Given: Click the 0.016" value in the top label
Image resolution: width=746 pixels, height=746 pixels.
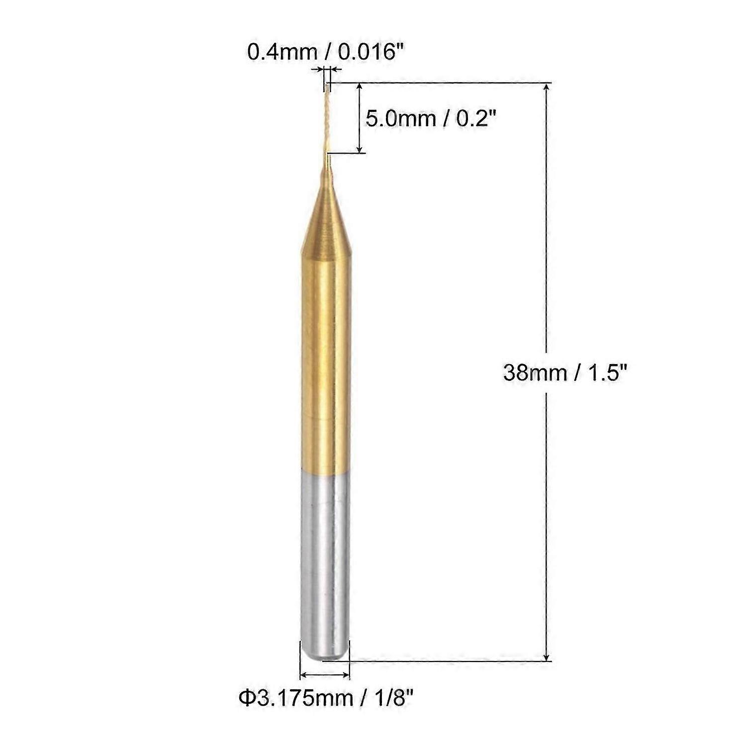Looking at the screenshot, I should (370, 51).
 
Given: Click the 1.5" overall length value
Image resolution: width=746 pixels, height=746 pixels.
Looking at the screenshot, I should (604, 372).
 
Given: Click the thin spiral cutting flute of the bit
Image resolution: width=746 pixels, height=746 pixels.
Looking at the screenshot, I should (326, 119).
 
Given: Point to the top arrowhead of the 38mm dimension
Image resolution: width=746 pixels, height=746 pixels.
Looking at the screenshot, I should (547, 88).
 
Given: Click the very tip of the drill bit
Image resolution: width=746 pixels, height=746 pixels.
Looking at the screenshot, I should (327, 86).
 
